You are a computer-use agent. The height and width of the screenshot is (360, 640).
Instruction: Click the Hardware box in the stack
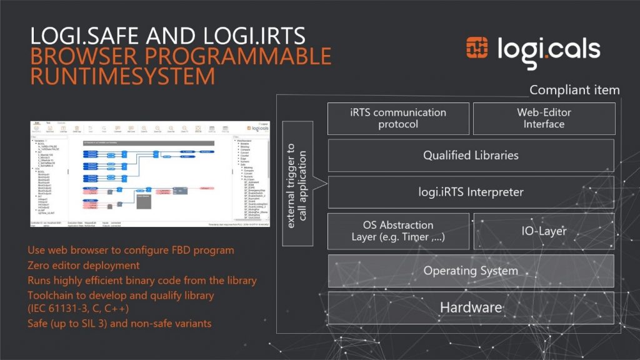(x=471, y=307)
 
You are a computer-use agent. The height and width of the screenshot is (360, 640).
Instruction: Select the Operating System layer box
(x=471, y=271)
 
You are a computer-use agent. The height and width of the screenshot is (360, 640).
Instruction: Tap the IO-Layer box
(x=544, y=231)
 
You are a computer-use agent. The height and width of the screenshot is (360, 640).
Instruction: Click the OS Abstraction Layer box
(x=398, y=231)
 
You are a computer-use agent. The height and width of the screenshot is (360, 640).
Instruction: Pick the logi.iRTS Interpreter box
(x=471, y=192)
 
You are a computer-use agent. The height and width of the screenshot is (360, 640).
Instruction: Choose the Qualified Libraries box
(x=471, y=155)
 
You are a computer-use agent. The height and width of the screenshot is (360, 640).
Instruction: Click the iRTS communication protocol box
(x=398, y=119)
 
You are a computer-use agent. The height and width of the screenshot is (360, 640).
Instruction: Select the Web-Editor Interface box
(x=544, y=119)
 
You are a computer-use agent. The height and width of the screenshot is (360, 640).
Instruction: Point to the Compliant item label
(x=574, y=90)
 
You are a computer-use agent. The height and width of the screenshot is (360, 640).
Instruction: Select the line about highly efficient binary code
(x=142, y=281)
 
